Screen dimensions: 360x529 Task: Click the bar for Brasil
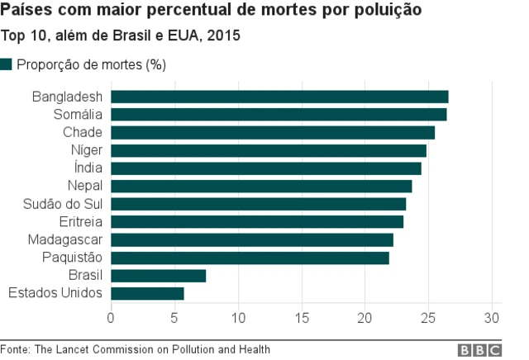[x=158, y=276]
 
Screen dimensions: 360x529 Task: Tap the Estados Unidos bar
[x=147, y=293]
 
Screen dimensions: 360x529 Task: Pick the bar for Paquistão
[x=250, y=258]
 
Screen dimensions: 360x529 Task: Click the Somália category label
[x=78, y=115]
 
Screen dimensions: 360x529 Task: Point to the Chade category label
[x=83, y=132]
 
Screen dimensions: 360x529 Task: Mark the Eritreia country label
[x=81, y=222]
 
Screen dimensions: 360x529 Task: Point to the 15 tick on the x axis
[x=302, y=317]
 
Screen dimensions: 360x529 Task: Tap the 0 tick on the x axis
[x=111, y=317]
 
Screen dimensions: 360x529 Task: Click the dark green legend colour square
[x=7, y=64]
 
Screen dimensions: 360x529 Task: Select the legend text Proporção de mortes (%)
[x=91, y=64]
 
